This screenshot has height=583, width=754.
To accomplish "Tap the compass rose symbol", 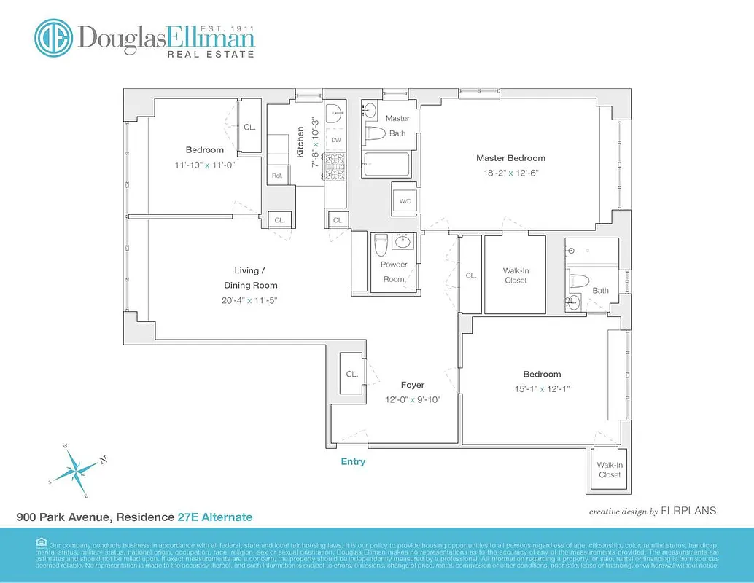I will point(76,468).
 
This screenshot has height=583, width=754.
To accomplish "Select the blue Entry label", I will point(353,462).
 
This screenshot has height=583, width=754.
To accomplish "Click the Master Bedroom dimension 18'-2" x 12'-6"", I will point(510,173).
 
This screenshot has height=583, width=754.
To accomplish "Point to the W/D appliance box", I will point(405,202).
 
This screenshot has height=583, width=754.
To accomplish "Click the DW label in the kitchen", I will point(336,140).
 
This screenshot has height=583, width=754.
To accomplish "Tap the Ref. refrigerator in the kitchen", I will point(278,176).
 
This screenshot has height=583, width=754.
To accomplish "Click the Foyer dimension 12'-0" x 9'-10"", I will point(412,399).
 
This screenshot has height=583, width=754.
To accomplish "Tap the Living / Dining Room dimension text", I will point(251,300).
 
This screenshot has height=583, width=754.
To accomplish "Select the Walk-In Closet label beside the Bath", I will point(515,275).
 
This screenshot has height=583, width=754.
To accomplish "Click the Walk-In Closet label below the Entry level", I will point(610,470).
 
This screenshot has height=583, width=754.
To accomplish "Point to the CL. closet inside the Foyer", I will point(351,374).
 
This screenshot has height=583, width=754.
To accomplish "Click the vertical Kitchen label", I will point(300,142).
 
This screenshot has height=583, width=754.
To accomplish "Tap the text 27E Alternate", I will point(215,517).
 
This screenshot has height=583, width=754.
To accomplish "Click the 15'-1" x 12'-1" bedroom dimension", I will point(541,389).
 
